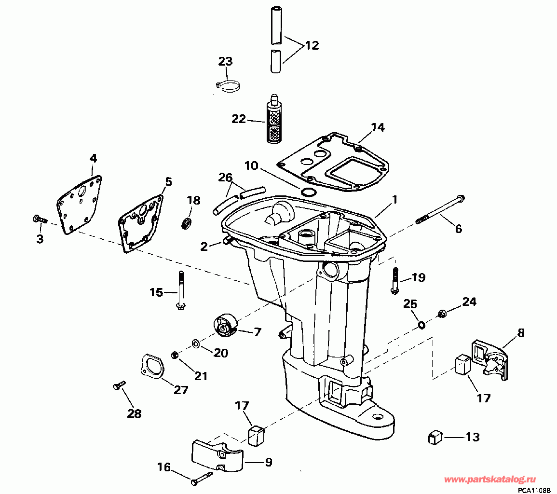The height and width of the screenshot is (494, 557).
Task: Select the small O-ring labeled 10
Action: click(x=308, y=192)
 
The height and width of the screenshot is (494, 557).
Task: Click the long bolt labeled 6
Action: click(x=439, y=210)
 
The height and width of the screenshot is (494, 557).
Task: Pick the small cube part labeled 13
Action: click(x=435, y=438)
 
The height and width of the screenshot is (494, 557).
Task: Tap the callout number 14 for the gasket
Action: click(x=378, y=127)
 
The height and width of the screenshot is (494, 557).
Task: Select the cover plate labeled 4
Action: click(x=80, y=204)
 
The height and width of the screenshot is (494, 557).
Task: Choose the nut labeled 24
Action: click(x=441, y=314)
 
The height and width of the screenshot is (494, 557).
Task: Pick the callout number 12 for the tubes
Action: click(x=312, y=46)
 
